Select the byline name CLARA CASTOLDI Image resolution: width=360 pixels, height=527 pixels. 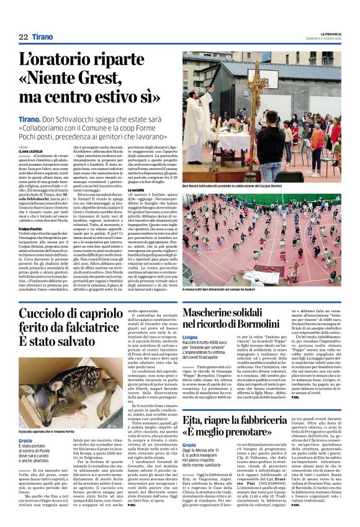(31, 151)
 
